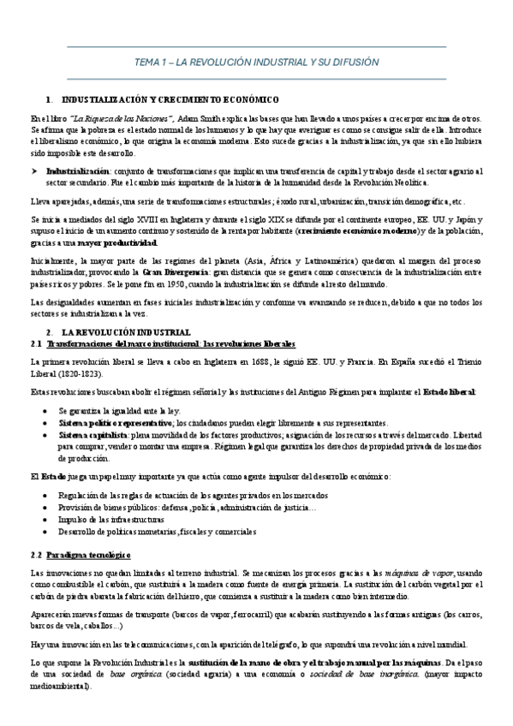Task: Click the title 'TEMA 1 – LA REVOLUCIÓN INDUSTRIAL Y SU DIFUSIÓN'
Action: pos(257,62)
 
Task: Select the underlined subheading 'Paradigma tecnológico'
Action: pos(88,554)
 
